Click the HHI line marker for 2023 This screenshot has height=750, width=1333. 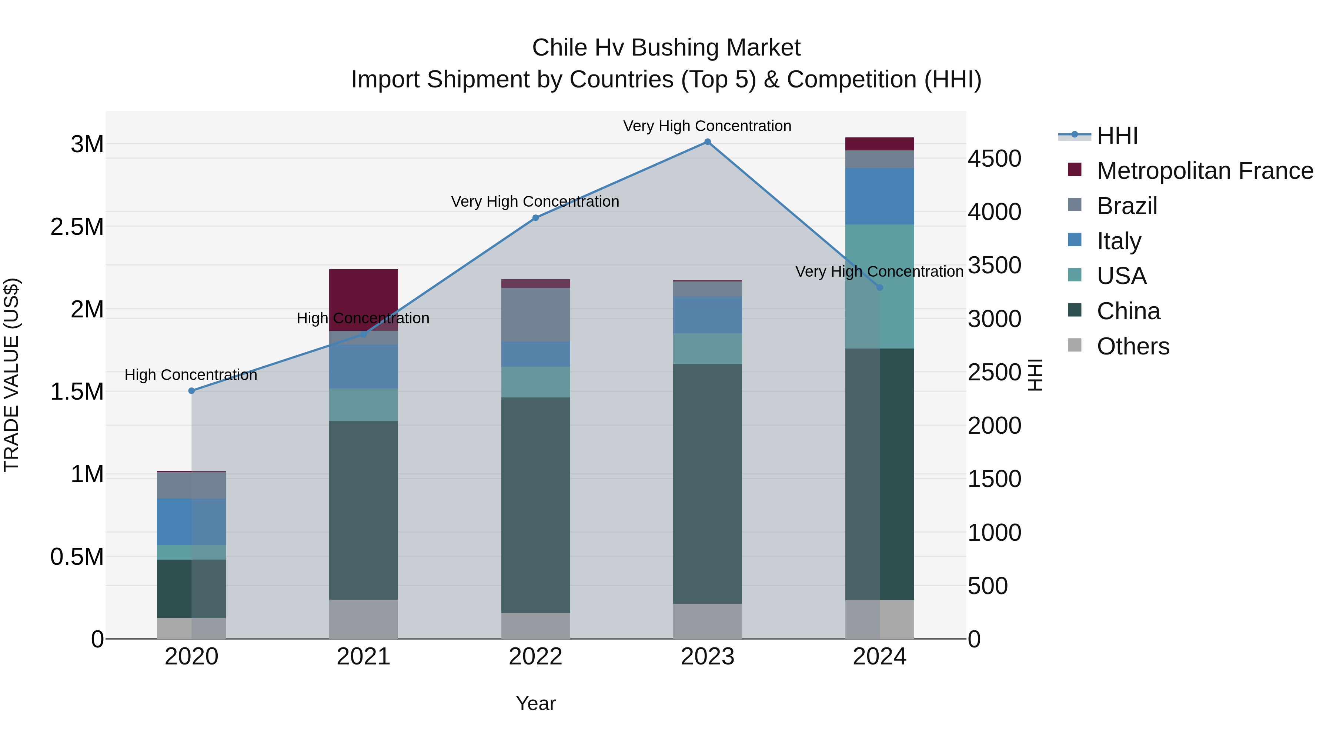(707, 142)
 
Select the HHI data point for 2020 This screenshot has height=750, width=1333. (191, 391)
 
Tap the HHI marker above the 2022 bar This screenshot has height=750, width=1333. (535, 218)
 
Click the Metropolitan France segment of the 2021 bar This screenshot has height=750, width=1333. (363, 295)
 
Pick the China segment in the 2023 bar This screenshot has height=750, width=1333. (707, 484)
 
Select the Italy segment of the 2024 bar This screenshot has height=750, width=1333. (880, 196)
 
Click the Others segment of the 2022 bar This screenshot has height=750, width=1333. (535, 626)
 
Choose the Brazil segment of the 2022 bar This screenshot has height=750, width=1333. (535, 315)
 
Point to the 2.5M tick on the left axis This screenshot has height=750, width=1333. (77, 227)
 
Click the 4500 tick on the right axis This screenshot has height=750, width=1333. (994, 159)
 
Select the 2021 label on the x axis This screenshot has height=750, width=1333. (363, 657)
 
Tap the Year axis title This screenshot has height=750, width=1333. (535, 703)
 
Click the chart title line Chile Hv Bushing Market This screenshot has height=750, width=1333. (666, 48)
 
